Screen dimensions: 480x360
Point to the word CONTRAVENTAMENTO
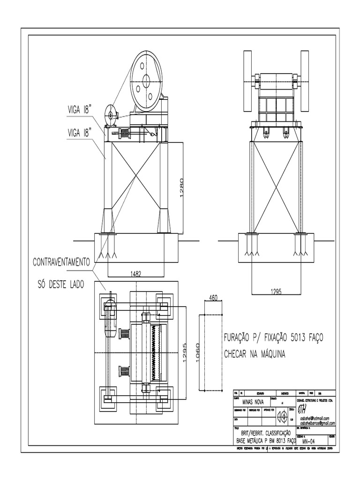61,262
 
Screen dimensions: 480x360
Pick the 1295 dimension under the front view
277,291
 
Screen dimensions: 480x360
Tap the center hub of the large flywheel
146,80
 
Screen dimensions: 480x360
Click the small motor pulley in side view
112,115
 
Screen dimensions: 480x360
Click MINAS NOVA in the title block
253,402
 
